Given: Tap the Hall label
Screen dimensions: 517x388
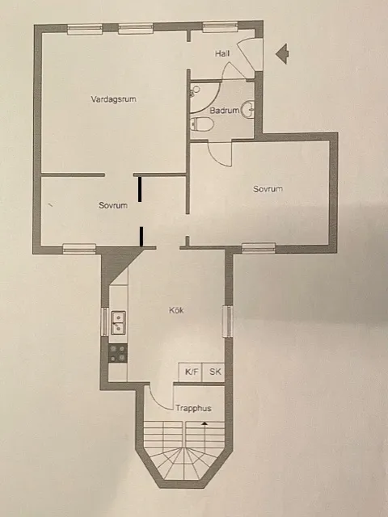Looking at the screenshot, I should [x=223, y=53].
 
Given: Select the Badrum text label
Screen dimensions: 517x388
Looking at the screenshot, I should [x=223, y=111].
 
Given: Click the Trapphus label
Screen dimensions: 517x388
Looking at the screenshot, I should [x=193, y=409].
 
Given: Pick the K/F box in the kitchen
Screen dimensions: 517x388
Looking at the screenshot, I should [x=191, y=372].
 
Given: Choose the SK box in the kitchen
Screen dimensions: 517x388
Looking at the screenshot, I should [x=214, y=372].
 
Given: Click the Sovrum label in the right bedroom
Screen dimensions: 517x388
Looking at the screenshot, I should [x=268, y=189].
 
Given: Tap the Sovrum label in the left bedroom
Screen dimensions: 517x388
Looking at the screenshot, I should [x=113, y=205].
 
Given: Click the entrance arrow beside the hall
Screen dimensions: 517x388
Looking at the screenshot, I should [x=283, y=54].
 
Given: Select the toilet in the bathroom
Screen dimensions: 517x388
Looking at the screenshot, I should [x=202, y=124].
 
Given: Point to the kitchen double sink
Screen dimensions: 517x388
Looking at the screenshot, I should [x=118, y=322].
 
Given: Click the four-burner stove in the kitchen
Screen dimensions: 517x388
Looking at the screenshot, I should [x=118, y=353].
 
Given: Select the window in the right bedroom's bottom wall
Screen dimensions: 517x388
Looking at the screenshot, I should [x=259, y=248].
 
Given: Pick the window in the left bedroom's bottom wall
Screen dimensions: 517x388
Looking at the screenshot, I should [x=79, y=248].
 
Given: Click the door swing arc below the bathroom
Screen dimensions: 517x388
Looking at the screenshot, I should [x=218, y=153].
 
